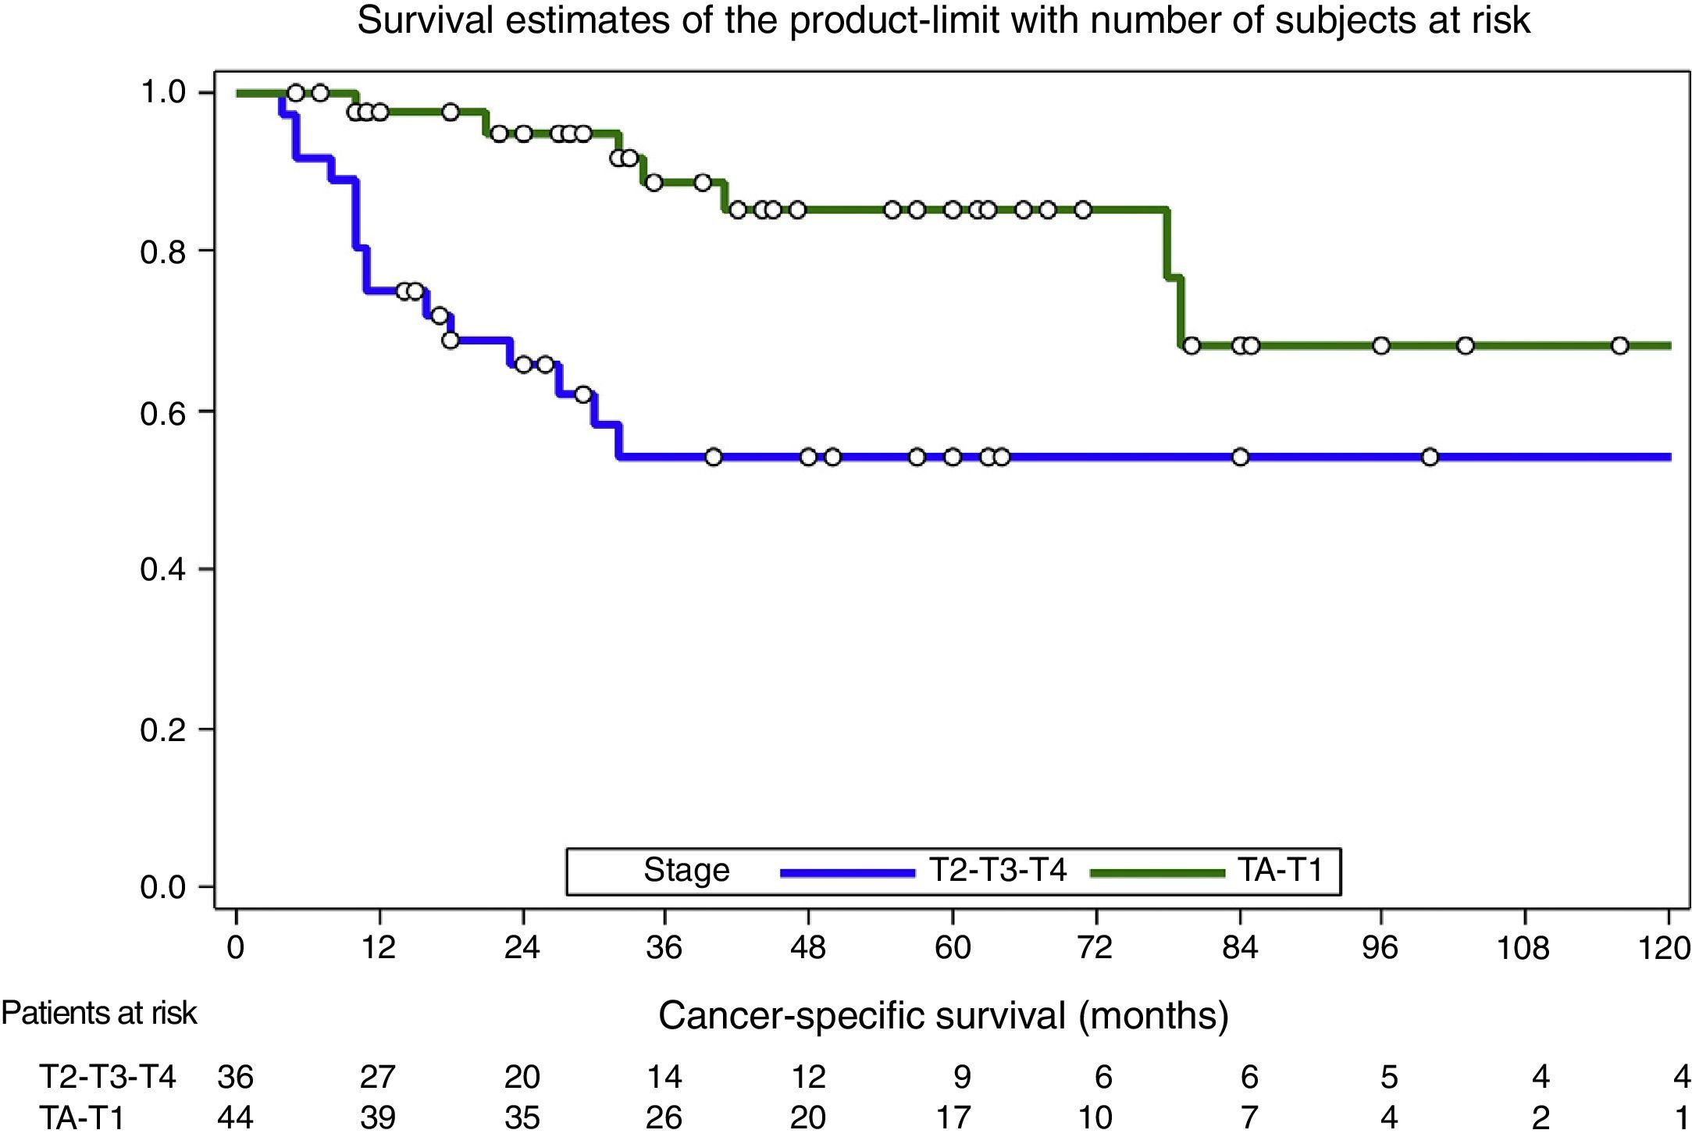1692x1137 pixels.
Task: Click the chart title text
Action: coord(942,20)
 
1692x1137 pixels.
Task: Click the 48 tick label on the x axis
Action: coord(808,948)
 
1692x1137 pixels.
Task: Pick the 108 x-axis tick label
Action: coord(1523,948)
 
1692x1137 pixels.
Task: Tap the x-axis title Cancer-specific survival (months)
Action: coord(942,1016)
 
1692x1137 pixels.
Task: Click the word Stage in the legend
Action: coord(686,871)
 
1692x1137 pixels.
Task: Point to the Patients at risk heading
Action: coord(99,1014)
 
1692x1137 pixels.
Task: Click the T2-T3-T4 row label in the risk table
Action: coord(108,1077)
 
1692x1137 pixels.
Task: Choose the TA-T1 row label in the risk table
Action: coord(82,1117)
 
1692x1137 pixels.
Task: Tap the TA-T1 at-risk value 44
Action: coord(235,1117)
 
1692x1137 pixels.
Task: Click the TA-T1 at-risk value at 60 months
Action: coord(953,1117)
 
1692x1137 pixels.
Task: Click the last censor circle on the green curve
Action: coord(1619,345)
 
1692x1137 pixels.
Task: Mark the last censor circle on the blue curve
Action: coord(1430,457)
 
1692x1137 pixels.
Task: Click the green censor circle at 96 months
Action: coord(1380,345)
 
